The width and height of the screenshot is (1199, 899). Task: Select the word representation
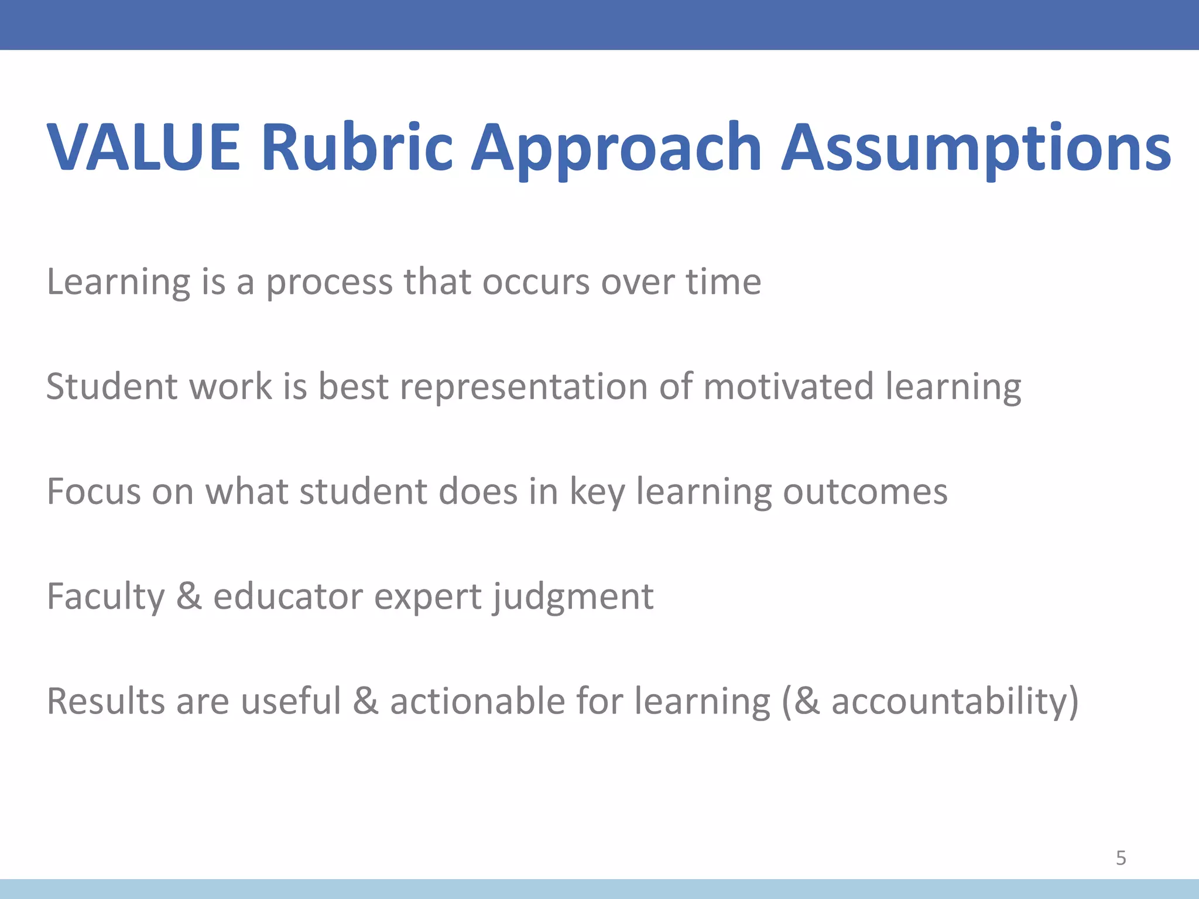tap(523, 388)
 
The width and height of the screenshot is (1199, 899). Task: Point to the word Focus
tap(94, 491)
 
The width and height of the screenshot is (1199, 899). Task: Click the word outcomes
tap(865, 492)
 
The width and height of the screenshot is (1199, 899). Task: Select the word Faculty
tap(105, 598)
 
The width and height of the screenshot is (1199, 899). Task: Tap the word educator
tap(287, 596)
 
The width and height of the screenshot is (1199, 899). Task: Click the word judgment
tap(573, 598)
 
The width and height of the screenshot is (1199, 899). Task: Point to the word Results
tap(105, 701)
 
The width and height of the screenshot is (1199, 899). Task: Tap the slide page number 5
tap(1121, 858)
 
